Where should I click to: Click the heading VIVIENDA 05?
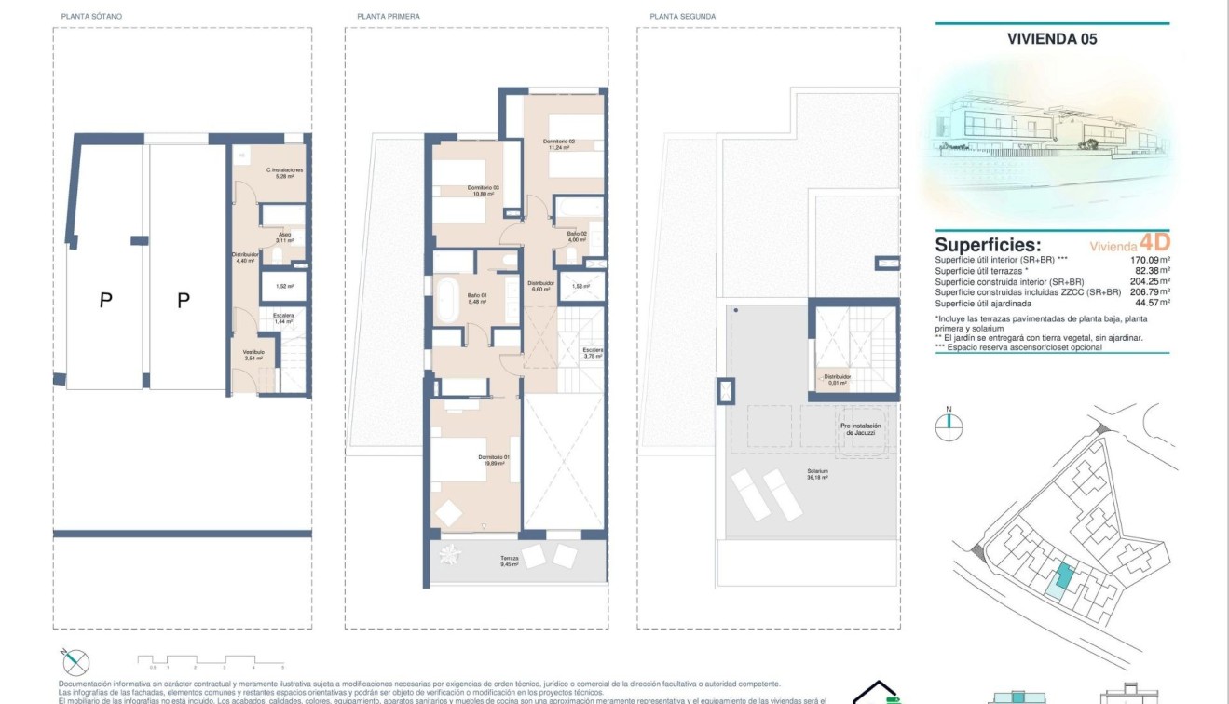pyautogui.click(x=1052, y=39)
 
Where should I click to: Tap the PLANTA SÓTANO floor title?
pyautogui.click(x=90, y=17)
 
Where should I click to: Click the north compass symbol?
pyautogui.click(x=949, y=426)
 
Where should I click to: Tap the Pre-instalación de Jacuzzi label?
pyautogui.click(x=860, y=429)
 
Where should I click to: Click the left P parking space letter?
pyautogui.click(x=106, y=300)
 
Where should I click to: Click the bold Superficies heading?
pyautogui.click(x=989, y=244)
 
